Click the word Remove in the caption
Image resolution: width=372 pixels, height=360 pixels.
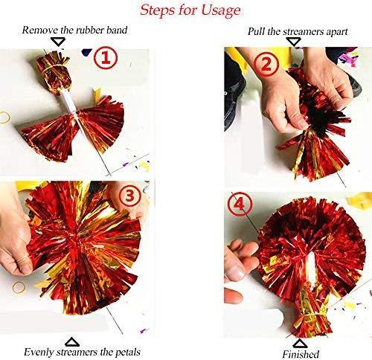click(x=39, y=31)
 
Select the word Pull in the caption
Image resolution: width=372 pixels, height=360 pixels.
click(x=257, y=33)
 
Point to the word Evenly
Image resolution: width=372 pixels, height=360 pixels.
click(x=42, y=352)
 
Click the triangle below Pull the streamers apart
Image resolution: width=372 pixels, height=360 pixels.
click(x=295, y=43)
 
